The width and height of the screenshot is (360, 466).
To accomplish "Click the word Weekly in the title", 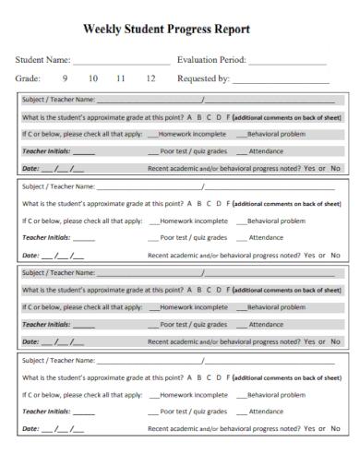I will [103, 30].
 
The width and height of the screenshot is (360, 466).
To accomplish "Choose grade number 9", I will [66, 79].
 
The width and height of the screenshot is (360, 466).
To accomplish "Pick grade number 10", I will [93, 79].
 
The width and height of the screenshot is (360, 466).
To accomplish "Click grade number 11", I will [121, 79].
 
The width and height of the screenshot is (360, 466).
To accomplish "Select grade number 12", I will [150, 79].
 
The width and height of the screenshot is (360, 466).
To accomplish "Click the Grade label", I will [27, 79].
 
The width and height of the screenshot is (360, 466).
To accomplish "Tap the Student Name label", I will [42, 60].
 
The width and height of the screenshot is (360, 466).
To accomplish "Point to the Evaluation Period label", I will [211, 60].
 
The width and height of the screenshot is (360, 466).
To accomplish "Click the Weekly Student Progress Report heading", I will [179, 30].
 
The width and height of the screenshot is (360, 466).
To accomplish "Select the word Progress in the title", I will [197, 30].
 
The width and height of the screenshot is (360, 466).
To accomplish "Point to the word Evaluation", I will [200, 60].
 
